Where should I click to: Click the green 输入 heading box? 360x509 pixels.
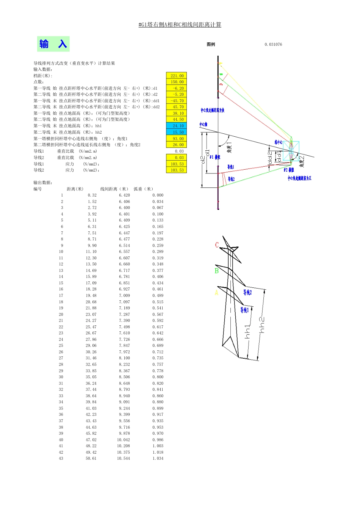pyautogui.click(x=53, y=44)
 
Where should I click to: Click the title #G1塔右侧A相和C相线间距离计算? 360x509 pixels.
pyautogui.click(x=180, y=25)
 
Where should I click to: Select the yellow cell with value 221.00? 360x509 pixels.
pyautogui.click(x=177, y=76)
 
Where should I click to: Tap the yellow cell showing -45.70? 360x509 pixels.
pyautogui.click(x=177, y=101)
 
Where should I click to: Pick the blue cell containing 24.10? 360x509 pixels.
pyautogui.click(x=177, y=126)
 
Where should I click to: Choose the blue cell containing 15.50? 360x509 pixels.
pyautogui.click(x=177, y=132)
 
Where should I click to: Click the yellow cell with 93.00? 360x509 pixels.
pyautogui.click(x=177, y=139)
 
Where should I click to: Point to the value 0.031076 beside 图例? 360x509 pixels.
pyautogui.click(x=273, y=44)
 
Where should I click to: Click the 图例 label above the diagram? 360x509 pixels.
pyautogui.click(x=211, y=44)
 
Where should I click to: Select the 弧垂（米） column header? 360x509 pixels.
pyautogui.click(x=144, y=189)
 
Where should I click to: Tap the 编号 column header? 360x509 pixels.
pyautogui.click(x=38, y=189)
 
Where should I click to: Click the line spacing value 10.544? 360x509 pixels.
pyautogui.click(x=124, y=458)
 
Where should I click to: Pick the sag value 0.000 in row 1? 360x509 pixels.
pyautogui.click(x=158, y=195)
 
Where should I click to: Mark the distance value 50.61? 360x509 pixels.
pyautogui.click(x=91, y=458)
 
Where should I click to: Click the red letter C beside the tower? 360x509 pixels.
pyautogui.click(x=217, y=245)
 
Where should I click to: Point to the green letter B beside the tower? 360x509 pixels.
pyautogui.click(x=216, y=271)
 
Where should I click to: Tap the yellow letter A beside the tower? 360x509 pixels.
pyautogui.click(x=216, y=293)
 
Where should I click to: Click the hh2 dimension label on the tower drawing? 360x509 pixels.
pyautogui.click(x=262, y=325)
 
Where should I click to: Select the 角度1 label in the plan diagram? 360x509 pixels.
pyautogui.click(x=229, y=147)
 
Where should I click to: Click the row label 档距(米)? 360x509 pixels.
pyautogui.click(x=42, y=76)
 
